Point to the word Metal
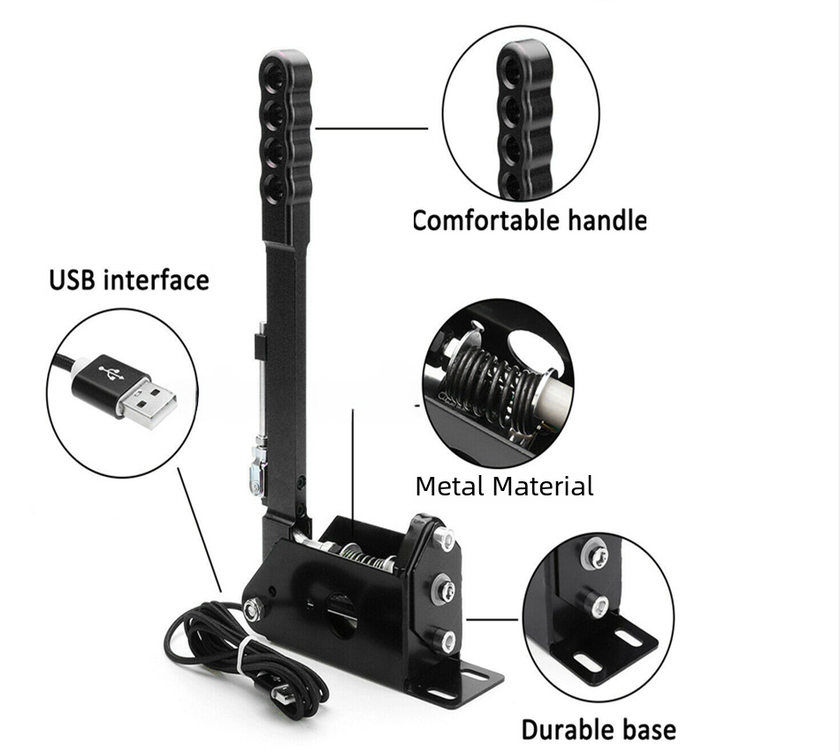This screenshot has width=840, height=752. (x=451, y=487)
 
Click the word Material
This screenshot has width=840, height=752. (x=543, y=487)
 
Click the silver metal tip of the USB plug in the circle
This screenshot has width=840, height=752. (x=148, y=402)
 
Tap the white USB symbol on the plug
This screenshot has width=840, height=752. (x=111, y=373)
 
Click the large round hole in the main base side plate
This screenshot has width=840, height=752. (x=341, y=614)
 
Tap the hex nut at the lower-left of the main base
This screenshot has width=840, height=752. (x=251, y=610)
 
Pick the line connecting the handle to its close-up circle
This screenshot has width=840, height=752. (x=371, y=128)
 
